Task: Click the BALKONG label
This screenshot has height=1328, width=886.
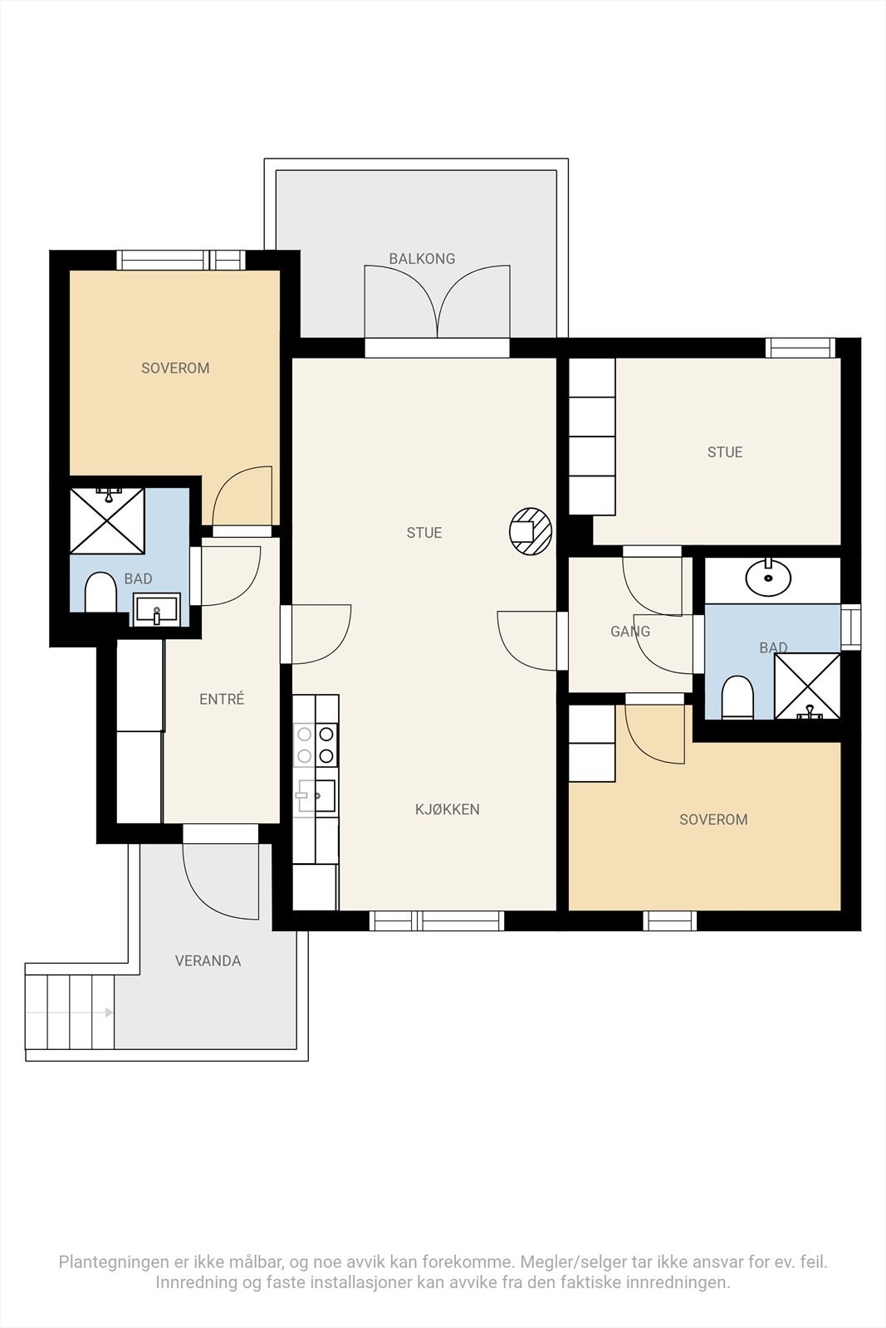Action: pyautogui.click(x=422, y=258)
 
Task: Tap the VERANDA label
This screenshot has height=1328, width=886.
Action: pyautogui.click(x=208, y=960)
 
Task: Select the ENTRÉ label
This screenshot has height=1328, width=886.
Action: pyautogui.click(x=222, y=699)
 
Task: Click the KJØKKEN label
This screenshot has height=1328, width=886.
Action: pyautogui.click(x=447, y=809)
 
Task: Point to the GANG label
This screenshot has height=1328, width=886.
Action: pyautogui.click(x=630, y=632)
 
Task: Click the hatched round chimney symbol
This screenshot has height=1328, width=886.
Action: pyautogui.click(x=531, y=531)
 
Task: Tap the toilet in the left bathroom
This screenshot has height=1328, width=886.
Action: pyautogui.click(x=100, y=592)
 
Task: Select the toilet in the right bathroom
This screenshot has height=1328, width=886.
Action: pyautogui.click(x=737, y=697)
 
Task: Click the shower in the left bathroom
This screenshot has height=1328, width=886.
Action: pyautogui.click(x=107, y=520)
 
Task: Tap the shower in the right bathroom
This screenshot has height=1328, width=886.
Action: pyautogui.click(x=807, y=686)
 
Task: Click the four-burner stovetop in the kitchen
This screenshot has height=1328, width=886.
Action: pyautogui.click(x=316, y=745)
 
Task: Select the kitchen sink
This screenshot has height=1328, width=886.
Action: pyautogui.click(x=316, y=796)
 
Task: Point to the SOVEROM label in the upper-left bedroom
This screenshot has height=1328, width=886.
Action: pyautogui.click(x=175, y=369)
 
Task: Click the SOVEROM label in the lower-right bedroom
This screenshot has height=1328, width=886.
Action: pyautogui.click(x=713, y=819)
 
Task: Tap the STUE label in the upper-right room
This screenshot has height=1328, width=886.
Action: pyautogui.click(x=725, y=452)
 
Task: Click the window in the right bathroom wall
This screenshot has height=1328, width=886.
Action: pyautogui.click(x=850, y=627)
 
